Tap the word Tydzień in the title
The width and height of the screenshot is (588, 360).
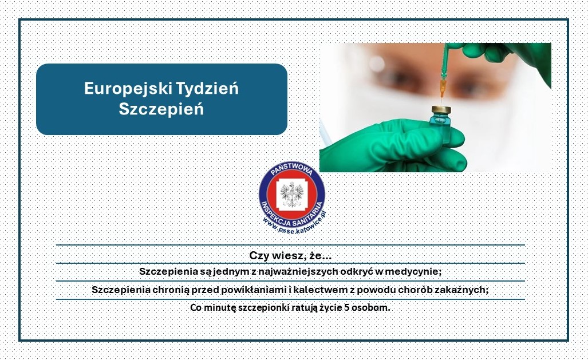point(207,89)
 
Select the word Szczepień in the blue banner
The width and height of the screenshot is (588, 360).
point(161,109)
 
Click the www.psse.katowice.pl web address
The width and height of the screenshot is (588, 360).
point(295,224)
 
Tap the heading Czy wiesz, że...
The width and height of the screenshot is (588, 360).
point(290,256)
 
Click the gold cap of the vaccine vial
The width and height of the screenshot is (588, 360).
point(441,110)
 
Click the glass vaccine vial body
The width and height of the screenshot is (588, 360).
point(441,128)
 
